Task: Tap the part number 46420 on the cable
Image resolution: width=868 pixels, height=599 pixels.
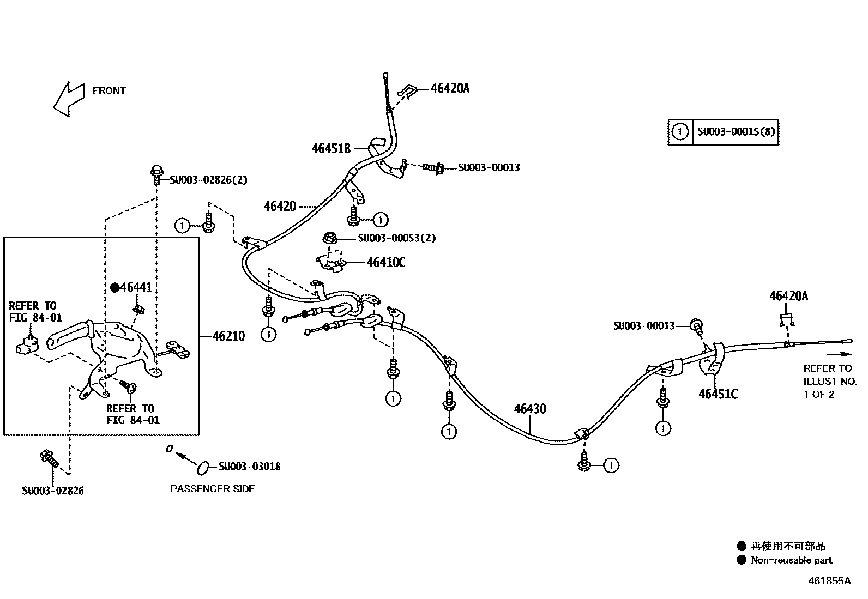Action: tap(280, 207)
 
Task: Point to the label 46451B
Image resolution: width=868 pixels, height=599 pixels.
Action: tap(331, 148)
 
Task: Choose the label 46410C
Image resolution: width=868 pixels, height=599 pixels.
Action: tap(385, 263)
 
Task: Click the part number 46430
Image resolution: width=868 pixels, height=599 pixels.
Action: tap(529, 409)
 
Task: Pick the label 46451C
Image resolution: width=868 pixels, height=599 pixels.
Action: tap(718, 394)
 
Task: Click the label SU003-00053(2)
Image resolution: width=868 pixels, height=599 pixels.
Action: tap(396, 238)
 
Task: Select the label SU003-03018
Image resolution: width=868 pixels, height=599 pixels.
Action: tap(249, 467)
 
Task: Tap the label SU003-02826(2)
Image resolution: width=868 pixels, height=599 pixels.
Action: tap(208, 180)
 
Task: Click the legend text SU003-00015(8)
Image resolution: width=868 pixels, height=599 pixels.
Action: tap(736, 132)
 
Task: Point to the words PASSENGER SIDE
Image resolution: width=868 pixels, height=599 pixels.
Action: tap(213, 489)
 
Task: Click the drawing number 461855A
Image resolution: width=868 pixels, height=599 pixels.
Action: tap(829, 581)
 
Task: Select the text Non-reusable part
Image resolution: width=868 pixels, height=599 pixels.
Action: tap(791, 560)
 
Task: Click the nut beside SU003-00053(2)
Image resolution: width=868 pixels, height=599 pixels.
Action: tap(329, 238)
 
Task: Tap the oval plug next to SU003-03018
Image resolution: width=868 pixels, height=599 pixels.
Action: tap(202, 467)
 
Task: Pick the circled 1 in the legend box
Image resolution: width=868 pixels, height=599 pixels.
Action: tap(680, 132)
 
